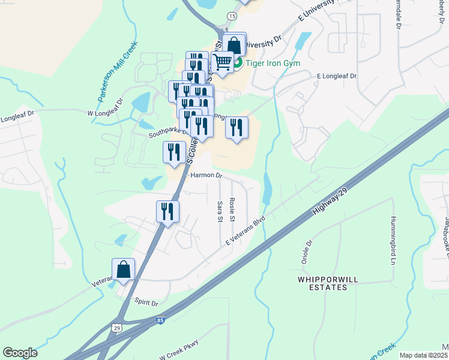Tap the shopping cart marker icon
(223, 61)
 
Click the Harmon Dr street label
(206, 176)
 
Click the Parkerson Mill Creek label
(118, 71)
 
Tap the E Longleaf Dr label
(336, 77)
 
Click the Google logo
(20, 353)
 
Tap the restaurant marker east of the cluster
(237, 127)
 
